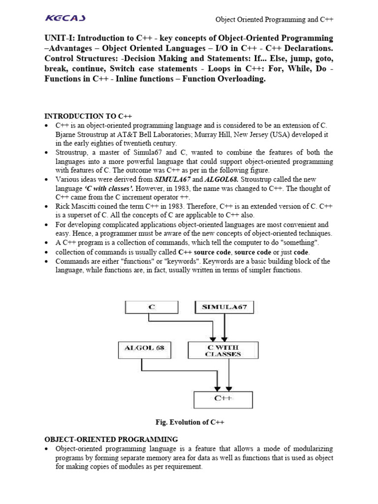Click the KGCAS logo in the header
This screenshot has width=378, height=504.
pos(65,19)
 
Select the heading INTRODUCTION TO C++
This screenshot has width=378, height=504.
pos(89,116)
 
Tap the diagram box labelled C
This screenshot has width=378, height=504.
pos(152,307)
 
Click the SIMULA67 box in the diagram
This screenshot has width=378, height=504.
pos(224,307)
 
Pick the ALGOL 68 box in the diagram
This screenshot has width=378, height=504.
pos(142,350)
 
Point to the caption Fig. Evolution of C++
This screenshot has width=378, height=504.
pos(189,422)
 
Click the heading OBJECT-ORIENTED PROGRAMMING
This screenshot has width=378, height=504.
pos(111,439)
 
